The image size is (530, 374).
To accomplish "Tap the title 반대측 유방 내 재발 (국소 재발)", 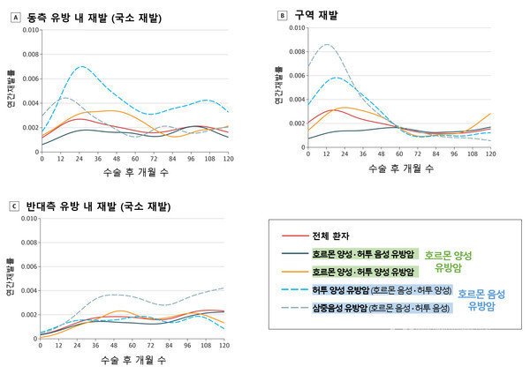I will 102,206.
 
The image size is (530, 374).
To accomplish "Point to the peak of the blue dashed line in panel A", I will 82,66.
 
